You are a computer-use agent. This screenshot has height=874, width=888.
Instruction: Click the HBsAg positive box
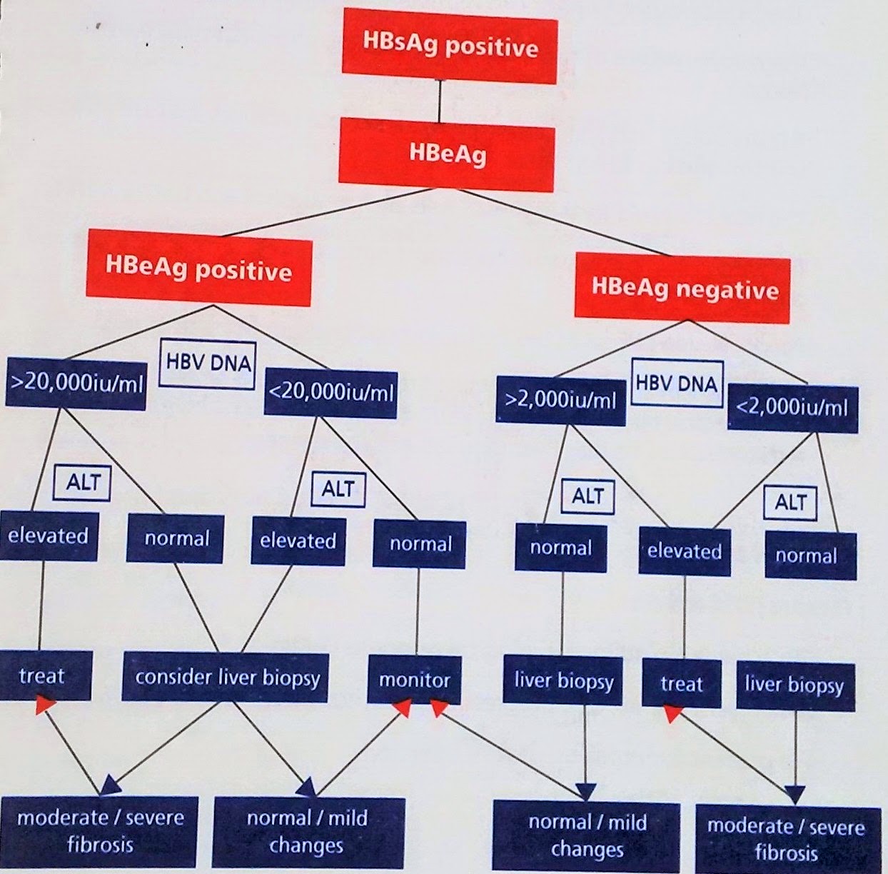449,47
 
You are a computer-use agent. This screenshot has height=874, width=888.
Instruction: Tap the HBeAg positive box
198,269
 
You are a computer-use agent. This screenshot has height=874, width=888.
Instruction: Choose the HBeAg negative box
684,289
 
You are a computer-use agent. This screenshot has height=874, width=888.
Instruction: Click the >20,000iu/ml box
76,383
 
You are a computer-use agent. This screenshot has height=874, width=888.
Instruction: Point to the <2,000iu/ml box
792,406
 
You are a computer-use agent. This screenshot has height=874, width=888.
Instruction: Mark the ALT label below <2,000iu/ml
790,502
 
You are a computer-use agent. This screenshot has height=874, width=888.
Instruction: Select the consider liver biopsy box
226,676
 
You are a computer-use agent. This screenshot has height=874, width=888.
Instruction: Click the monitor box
414,679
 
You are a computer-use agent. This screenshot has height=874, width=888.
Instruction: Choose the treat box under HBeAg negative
681,684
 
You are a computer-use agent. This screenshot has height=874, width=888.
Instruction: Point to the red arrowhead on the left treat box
46,705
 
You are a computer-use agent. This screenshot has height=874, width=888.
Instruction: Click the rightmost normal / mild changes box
587,835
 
